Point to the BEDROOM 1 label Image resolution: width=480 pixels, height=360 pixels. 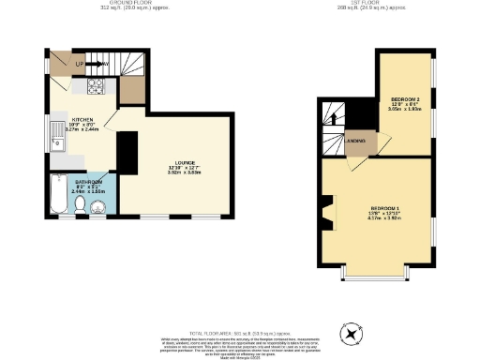point(384,207)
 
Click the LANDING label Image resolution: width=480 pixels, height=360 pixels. point(355,142)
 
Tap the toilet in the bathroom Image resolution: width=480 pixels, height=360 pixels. point(81,203)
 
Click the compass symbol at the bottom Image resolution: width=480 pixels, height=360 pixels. point(352,333)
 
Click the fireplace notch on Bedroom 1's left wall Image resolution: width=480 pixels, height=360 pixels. point(325,212)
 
